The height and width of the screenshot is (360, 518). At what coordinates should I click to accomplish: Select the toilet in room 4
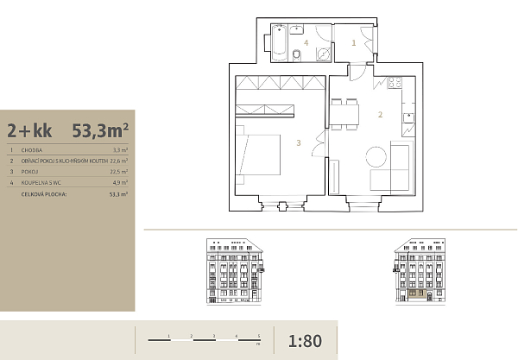[296, 56]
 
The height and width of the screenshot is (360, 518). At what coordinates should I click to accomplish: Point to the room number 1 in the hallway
[354, 41]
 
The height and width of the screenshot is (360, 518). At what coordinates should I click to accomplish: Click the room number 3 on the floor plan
[298, 143]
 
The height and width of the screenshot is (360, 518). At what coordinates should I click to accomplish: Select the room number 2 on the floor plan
[379, 114]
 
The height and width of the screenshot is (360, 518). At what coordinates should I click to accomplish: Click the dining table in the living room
[347, 112]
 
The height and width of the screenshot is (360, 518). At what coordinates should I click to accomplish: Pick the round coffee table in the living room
[377, 158]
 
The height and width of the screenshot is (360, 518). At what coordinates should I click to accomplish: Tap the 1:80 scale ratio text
[306, 340]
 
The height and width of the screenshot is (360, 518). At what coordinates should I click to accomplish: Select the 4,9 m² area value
[119, 183]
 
